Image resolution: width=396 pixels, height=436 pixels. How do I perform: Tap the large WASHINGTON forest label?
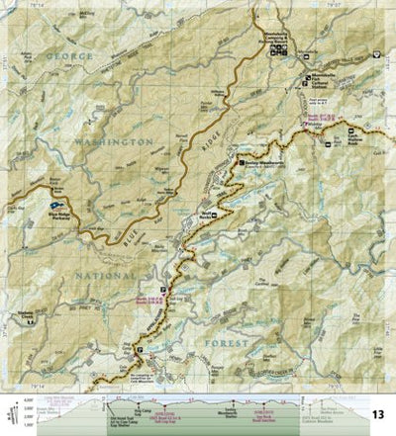111,143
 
